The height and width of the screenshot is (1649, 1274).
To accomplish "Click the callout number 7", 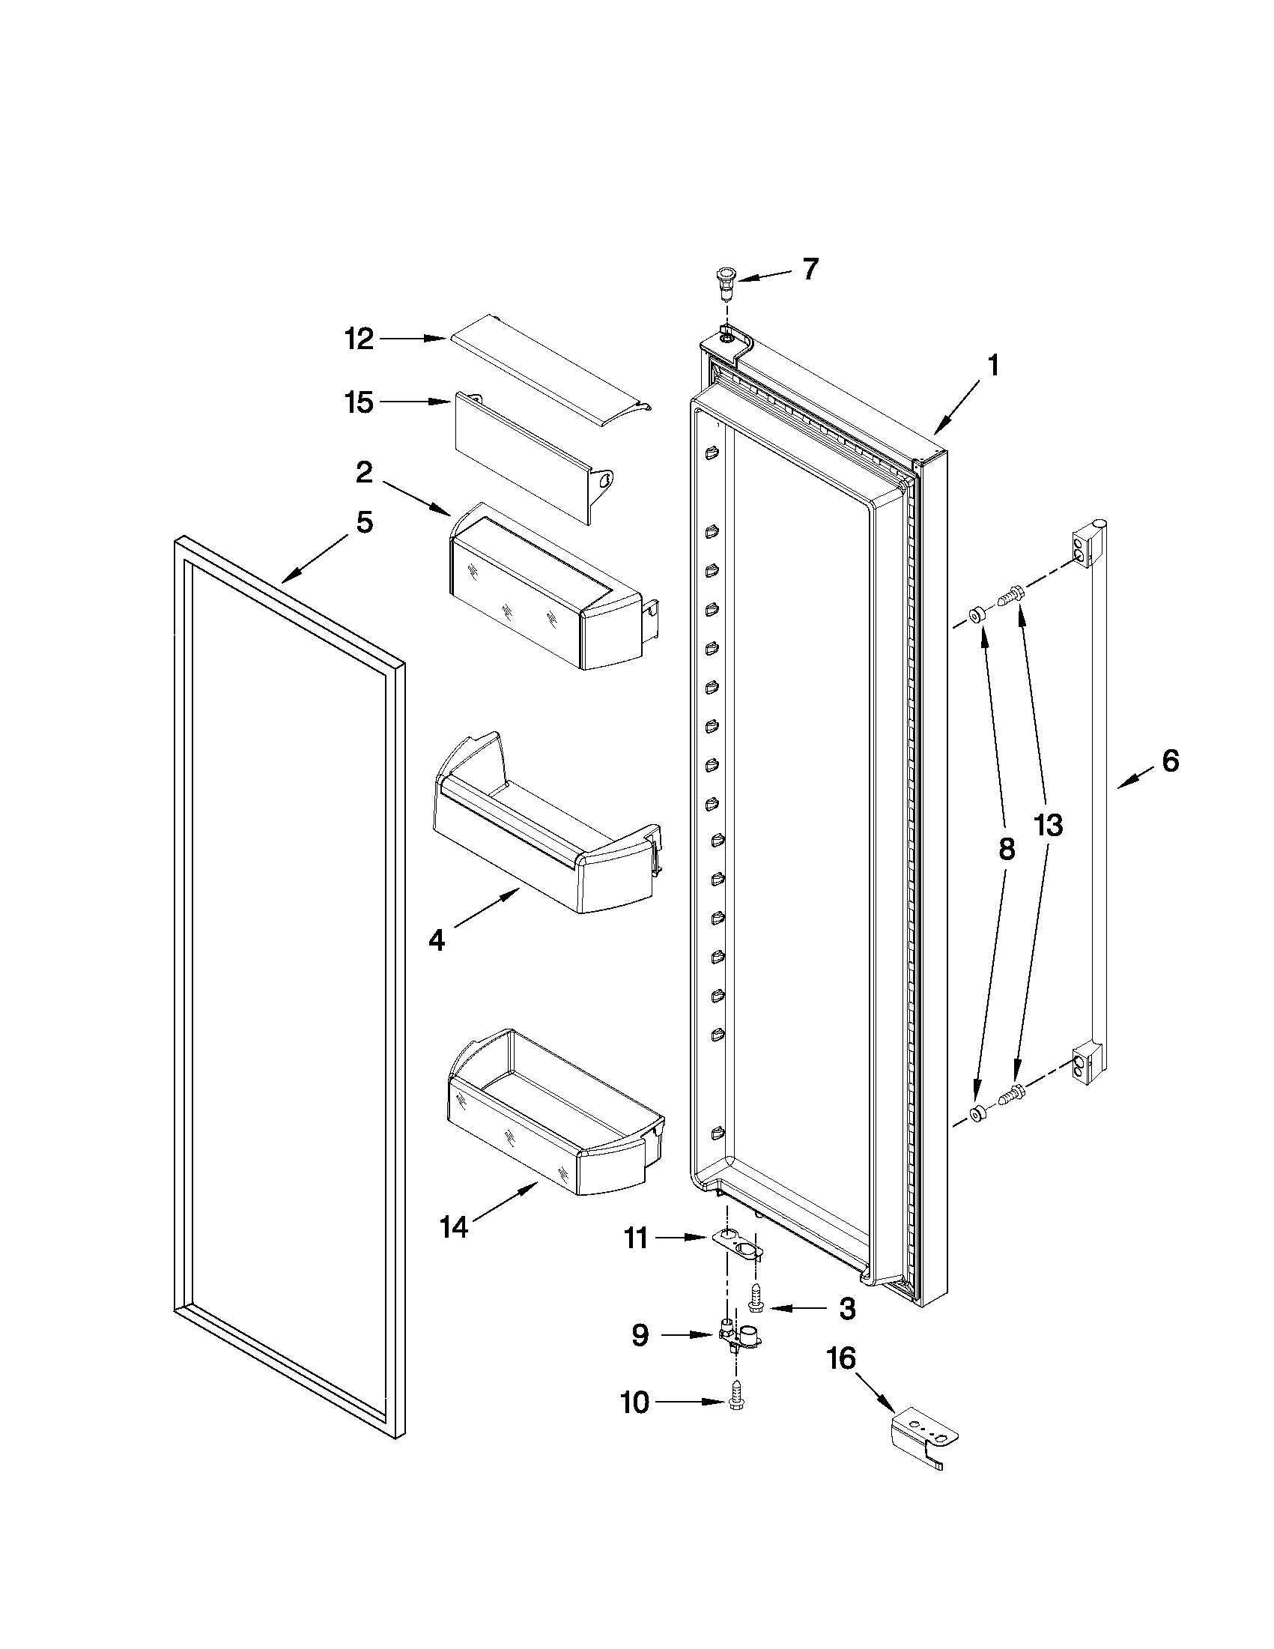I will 810,269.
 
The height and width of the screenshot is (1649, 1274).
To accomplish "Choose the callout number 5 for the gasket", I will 365,521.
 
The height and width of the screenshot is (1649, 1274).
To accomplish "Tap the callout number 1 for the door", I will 992,366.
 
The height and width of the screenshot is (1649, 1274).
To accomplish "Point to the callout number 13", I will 1048,826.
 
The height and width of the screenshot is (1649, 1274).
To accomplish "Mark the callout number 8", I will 1006,850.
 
